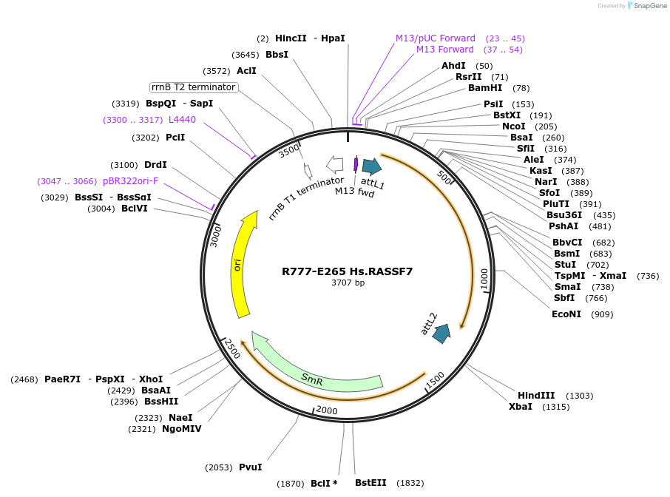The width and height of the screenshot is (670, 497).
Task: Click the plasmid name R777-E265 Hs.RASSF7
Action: pos(347,271)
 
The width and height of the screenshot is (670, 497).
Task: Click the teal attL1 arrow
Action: pos(371,166)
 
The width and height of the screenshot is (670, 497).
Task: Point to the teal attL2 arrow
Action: pos(442,334)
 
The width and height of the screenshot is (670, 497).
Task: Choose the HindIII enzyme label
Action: pos(536,396)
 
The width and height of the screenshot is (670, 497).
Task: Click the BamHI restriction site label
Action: pos(485,88)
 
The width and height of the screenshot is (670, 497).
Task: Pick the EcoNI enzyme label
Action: pos(566,314)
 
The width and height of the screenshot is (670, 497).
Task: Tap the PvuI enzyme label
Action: pos(250,467)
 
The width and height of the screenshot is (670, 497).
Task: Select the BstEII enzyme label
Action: pos(370,483)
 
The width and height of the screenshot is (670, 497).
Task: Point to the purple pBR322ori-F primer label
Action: pos(130,181)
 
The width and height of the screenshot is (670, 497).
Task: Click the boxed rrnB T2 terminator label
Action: pos(193,87)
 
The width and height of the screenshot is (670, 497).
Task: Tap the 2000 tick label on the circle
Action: pos(326,410)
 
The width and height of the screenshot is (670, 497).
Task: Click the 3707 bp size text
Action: pos(347,283)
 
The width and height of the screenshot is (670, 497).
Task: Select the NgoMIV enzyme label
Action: pos(181,429)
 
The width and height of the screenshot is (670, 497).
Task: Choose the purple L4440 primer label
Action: pos(182,119)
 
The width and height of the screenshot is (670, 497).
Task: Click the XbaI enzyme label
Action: pos(520,407)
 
